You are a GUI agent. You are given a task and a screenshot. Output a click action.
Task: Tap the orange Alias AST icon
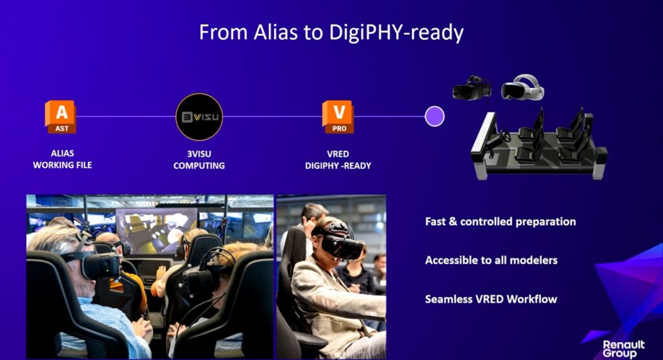coord(61,117)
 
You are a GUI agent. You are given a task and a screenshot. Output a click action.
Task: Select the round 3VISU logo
coord(199,117)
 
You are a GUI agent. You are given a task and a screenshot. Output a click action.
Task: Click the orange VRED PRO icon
coord(338,117)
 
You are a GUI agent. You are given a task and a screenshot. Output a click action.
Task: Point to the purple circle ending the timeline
coord(434,117)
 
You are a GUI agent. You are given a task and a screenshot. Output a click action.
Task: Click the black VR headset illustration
coord(472,88)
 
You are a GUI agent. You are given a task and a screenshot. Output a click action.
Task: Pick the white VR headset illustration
coord(523,87)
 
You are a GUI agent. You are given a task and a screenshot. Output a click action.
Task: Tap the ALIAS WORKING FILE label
coord(62,159)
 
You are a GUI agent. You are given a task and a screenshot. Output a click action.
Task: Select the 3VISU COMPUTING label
coord(199,159)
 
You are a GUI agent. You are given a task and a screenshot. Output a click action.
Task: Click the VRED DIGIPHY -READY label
coord(338,159)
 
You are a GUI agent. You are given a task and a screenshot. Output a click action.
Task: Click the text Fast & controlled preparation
coord(500,221)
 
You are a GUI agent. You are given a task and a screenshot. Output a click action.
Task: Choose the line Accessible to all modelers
coord(491,260)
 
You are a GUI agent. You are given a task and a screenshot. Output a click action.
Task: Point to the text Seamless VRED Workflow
coord(491,299)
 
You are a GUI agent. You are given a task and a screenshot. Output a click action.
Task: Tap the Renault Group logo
coord(624,348)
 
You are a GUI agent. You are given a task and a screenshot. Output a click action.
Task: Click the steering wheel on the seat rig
coord(505,136)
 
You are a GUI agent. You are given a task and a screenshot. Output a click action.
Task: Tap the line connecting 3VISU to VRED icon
coord(273,117)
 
